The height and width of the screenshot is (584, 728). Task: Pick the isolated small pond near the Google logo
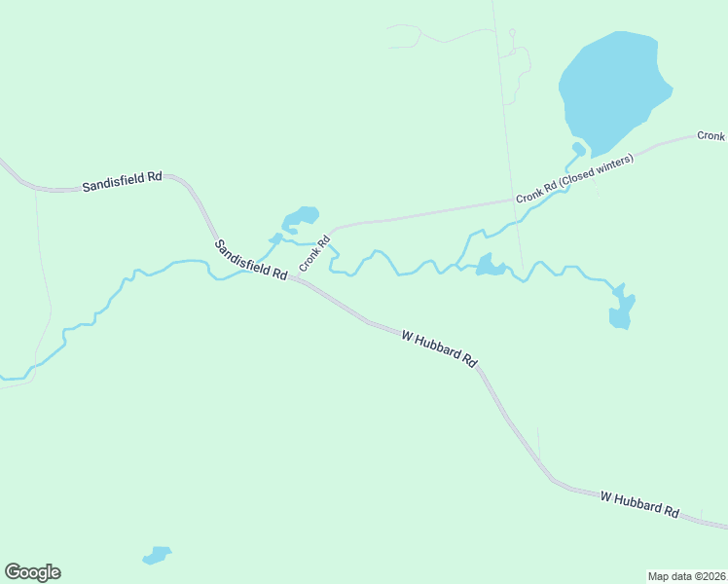tap(156, 556)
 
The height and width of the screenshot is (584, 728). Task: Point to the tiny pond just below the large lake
tap(578, 149)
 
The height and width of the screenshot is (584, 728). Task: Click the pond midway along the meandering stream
tap(489, 266)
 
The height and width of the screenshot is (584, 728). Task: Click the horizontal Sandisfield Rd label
tap(121, 181)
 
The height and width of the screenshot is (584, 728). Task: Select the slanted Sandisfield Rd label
tap(250, 260)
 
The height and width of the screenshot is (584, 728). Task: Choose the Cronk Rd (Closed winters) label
tap(574, 178)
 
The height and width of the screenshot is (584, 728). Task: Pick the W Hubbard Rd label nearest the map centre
tap(439, 347)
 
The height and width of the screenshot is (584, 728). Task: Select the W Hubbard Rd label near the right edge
tap(638, 503)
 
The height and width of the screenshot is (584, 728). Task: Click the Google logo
tap(32, 572)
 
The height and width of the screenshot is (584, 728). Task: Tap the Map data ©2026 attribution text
tap(686, 576)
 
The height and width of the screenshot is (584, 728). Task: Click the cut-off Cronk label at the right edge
tap(711, 136)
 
